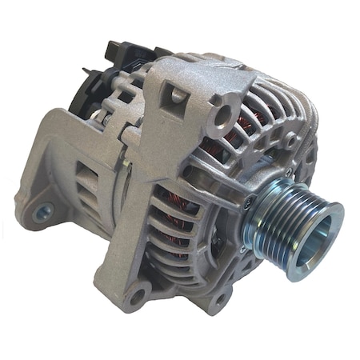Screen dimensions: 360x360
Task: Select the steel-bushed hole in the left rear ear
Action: pos(44,212)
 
